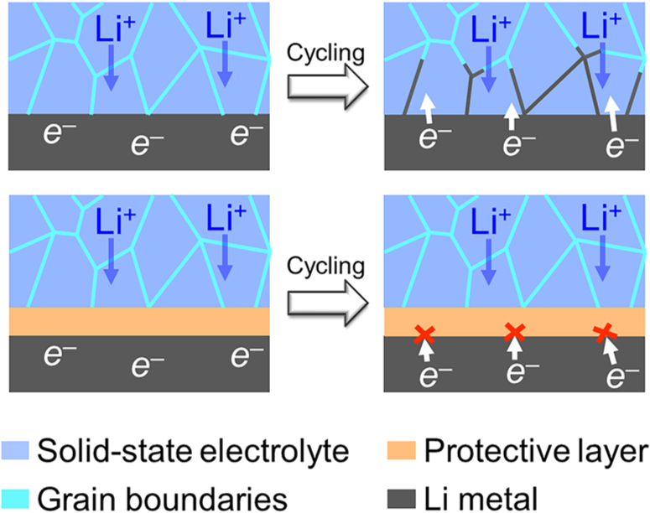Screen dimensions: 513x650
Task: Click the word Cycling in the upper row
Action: pos(324,52)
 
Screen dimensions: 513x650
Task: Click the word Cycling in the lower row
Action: pos(324,267)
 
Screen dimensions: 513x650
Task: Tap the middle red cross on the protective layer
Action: pos(514,334)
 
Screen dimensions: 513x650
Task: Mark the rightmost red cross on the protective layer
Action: pos(603,334)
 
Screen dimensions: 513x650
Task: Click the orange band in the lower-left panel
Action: pos(138,322)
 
